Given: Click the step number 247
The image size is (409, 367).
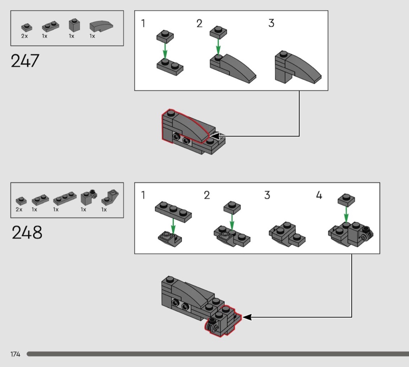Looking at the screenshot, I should (25, 61).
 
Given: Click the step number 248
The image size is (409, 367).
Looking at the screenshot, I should (27, 233).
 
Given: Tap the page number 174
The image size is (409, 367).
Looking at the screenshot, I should (15, 354).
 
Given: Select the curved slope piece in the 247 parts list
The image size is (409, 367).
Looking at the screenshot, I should (101, 26).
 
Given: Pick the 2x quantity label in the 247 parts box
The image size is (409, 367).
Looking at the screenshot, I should (25, 36).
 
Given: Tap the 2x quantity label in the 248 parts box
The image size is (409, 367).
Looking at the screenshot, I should (19, 210).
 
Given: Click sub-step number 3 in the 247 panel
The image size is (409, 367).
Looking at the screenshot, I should (271, 23).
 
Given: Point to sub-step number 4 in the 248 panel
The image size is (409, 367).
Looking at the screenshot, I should (319, 195).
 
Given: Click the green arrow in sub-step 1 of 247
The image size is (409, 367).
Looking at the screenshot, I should (165, 50).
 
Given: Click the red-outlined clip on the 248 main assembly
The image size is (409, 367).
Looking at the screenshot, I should (212, 325).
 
